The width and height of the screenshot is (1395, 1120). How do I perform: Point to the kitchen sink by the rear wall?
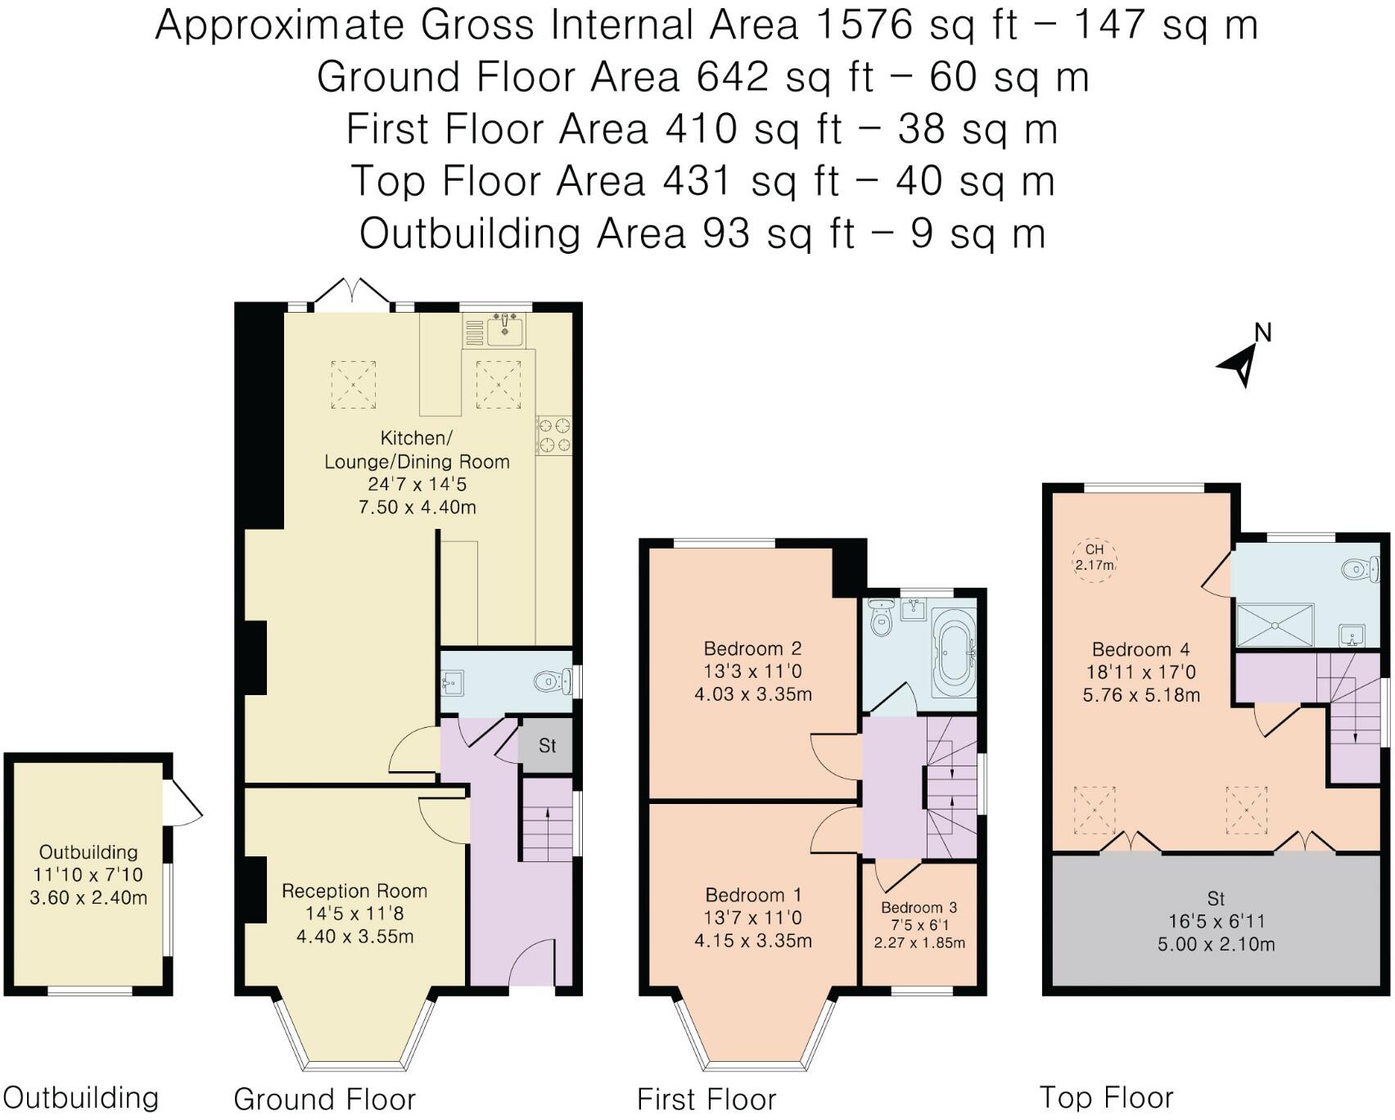(505, 331)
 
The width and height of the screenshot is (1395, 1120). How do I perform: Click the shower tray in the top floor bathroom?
(1275, 626)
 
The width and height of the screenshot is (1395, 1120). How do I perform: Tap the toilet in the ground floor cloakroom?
(553, 680)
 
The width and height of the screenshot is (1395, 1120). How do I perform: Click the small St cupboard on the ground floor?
(547, 746)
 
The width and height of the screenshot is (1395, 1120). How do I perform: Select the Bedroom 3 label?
(919, 907)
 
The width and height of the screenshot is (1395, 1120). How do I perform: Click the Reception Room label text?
(354, 891)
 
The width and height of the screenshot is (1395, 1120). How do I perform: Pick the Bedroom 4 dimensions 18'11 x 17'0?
(1140, 672)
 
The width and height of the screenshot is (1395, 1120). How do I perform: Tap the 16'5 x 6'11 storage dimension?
(1216, 921)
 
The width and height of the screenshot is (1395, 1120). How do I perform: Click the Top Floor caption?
(1106, 1097)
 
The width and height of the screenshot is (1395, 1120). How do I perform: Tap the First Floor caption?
(706, 1099)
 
